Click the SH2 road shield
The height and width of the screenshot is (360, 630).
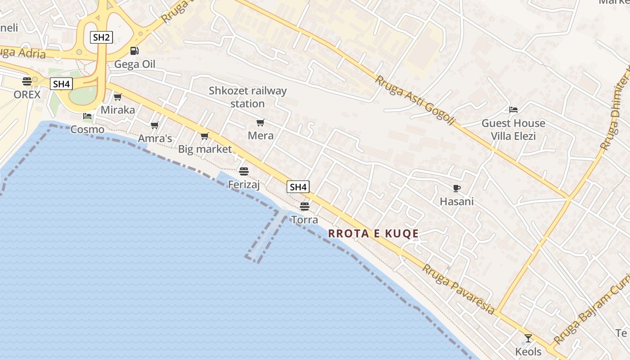pyautogui.click(x=101, y=37)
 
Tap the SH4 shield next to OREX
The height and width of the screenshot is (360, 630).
pyautogui.click(x=61, y=84)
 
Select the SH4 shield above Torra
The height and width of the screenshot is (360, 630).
pyautogui.click(x=298, y=187)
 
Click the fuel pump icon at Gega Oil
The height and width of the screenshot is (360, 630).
pyautogui.click(x=134, y=51)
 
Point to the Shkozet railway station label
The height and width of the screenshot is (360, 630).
pyautogui.click(x=247, y=97)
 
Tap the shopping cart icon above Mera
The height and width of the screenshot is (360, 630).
pyautogui.click(x=260, y=122)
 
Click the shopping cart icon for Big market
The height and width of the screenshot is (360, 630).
pyautogui.click(x=205, y=136)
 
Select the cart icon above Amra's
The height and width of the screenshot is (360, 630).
pyautogui.click(x=155, y=125)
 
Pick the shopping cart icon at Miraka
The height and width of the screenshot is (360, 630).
pyautogui.click(x=118, y=97)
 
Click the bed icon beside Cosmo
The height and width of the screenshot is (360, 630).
pyautogui.click(x=87, y=116)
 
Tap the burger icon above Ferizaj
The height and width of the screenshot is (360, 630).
pyautogui.click(x=244, y=171)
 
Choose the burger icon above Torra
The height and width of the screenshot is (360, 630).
pyautogui.click(x=305, y=207)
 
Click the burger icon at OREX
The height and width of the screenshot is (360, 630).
pyautogui.click(x=27, y=81)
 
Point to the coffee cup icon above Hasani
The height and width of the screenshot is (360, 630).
pyautogui.click(x=457, y=188)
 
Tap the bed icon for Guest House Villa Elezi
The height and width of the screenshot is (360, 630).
pyautogui.click(x=513, y=110)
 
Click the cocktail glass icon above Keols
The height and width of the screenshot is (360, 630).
pyautogui.click(x=528, y=338)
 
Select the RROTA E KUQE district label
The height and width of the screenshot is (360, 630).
pyautogui.click(x=373, y=234)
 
